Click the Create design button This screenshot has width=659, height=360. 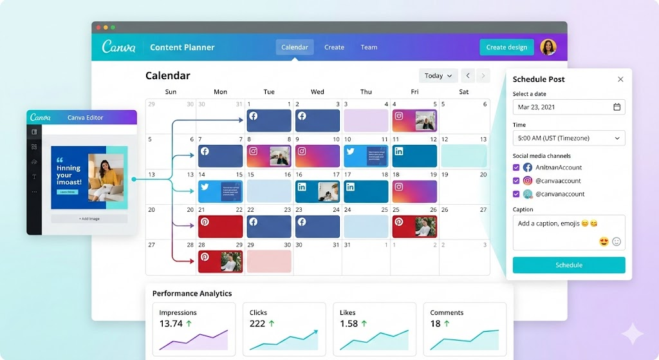coord(506,47)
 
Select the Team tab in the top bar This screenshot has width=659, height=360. coord(369,47)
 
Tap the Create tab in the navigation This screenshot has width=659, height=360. coord(334,47)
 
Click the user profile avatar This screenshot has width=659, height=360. coord(548,47)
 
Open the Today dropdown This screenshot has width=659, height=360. coord(438,76)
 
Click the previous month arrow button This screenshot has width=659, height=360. coord(468,76)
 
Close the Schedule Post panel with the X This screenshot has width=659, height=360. coord(620,79)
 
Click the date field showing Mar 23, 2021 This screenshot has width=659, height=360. coord(569,107)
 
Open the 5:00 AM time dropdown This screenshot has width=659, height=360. coord(569,138)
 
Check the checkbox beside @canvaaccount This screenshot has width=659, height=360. coord(516,181)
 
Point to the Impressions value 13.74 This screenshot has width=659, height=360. coord(171,323)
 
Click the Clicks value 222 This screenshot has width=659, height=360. coord(257,323)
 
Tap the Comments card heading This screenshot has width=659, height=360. coord(447,312)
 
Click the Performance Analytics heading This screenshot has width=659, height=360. coord(192,294)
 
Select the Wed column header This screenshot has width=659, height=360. coord(317,91)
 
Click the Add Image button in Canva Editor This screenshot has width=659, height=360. coord(89,219)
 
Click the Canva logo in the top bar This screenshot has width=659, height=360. coord(118,47)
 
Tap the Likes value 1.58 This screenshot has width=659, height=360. coord(349,323)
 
